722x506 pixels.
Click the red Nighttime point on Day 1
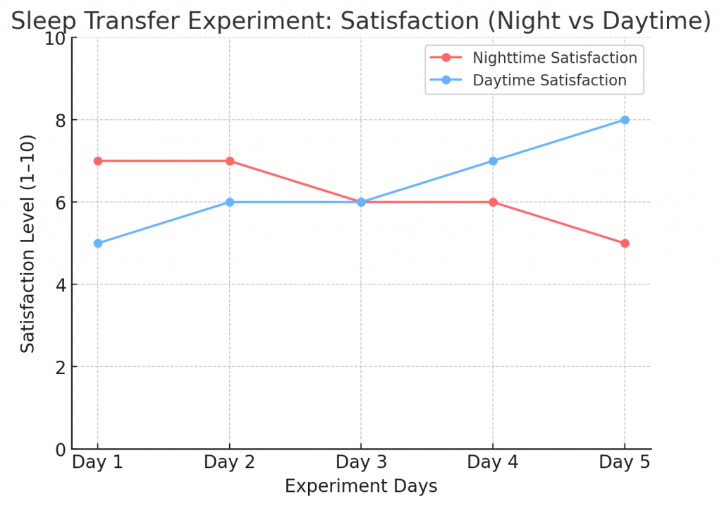click(97, 161)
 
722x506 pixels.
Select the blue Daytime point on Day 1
click(97, 243)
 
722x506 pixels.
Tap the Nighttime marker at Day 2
click(229, 161)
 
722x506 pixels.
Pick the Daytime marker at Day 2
click(229, 202)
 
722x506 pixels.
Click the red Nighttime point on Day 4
click(493, 202)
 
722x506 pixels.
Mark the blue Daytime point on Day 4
click(493, 161)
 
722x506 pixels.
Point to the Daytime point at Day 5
click(625, 120)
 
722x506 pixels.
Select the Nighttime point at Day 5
click(625, 243)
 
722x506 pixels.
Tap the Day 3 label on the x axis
click(361, 462)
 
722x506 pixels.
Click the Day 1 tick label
click(97, 462)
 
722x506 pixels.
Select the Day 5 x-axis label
click(625, 462)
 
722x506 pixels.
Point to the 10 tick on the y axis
click(54, 38)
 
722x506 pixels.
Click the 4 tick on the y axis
click(60, 285)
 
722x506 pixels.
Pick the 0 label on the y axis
click(60, 450)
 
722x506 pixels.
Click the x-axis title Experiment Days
click(361, 486)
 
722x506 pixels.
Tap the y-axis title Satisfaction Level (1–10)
click(27, 243)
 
